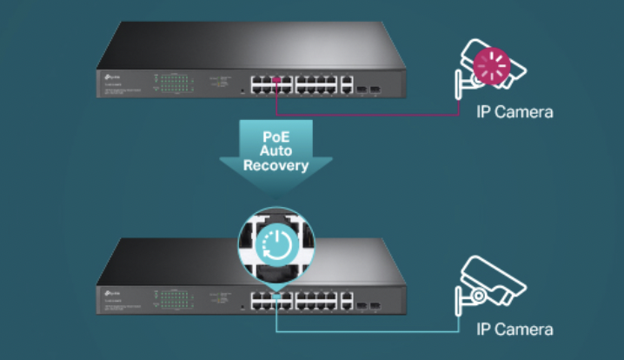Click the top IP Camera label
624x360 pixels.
click(x=514, y=112)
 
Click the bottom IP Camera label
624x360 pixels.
click(x=514, y=329)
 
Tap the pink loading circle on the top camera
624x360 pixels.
click(x=492, y=65)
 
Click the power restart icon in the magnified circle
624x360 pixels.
click(x=275, y=239)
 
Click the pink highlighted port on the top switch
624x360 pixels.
click(x=276, y=82)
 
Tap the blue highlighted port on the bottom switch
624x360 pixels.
click(x=275, y=297)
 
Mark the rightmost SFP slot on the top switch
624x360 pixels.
click(x=377, y=89)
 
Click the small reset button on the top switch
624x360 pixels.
click(x=240, y=90)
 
